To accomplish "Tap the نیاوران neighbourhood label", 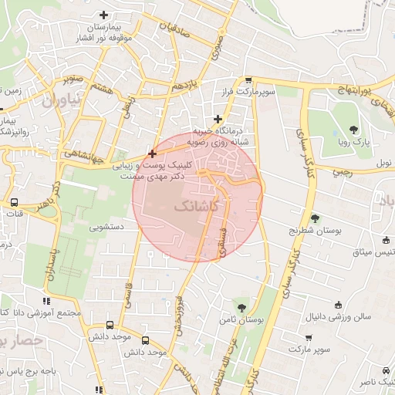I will pos(59,100).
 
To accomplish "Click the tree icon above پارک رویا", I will pos(353,130).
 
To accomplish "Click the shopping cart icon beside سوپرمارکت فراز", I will pos(248,79).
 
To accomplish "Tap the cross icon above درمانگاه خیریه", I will pos(219,119).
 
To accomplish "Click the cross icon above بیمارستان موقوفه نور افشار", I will pos(104,15).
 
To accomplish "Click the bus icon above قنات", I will pos(15,203).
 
